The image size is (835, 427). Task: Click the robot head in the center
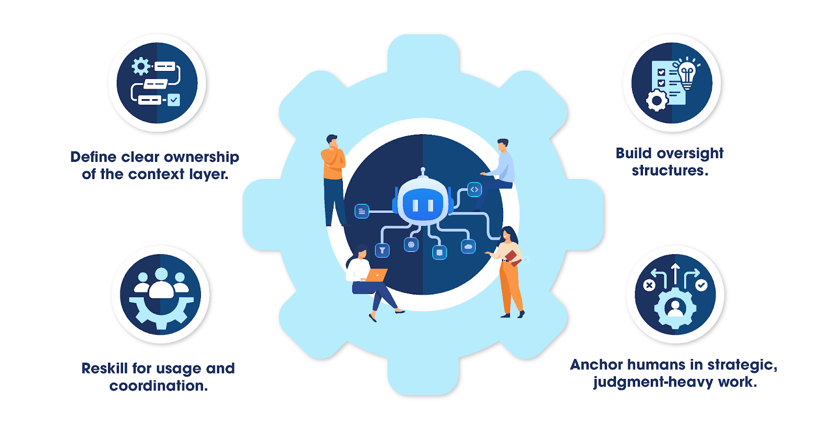point(423,204)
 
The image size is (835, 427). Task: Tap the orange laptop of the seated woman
point(377,275)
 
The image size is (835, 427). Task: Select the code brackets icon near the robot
point(474,189)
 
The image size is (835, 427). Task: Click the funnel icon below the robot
point(383,251)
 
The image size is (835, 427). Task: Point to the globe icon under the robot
point(411,244)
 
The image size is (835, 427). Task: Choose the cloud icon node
point(468,246)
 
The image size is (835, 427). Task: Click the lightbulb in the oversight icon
point(687,73)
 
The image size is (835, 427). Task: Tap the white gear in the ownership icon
point(140,66)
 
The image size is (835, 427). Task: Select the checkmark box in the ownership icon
point(174,100)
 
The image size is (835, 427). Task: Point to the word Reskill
point(104,369)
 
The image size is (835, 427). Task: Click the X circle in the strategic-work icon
point(649,285)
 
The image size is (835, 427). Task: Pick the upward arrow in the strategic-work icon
point(675,275)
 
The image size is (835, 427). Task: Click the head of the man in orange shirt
point(332,141)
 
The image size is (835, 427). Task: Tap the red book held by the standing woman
point(512,257)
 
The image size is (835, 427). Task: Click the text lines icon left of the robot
point(362,211)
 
